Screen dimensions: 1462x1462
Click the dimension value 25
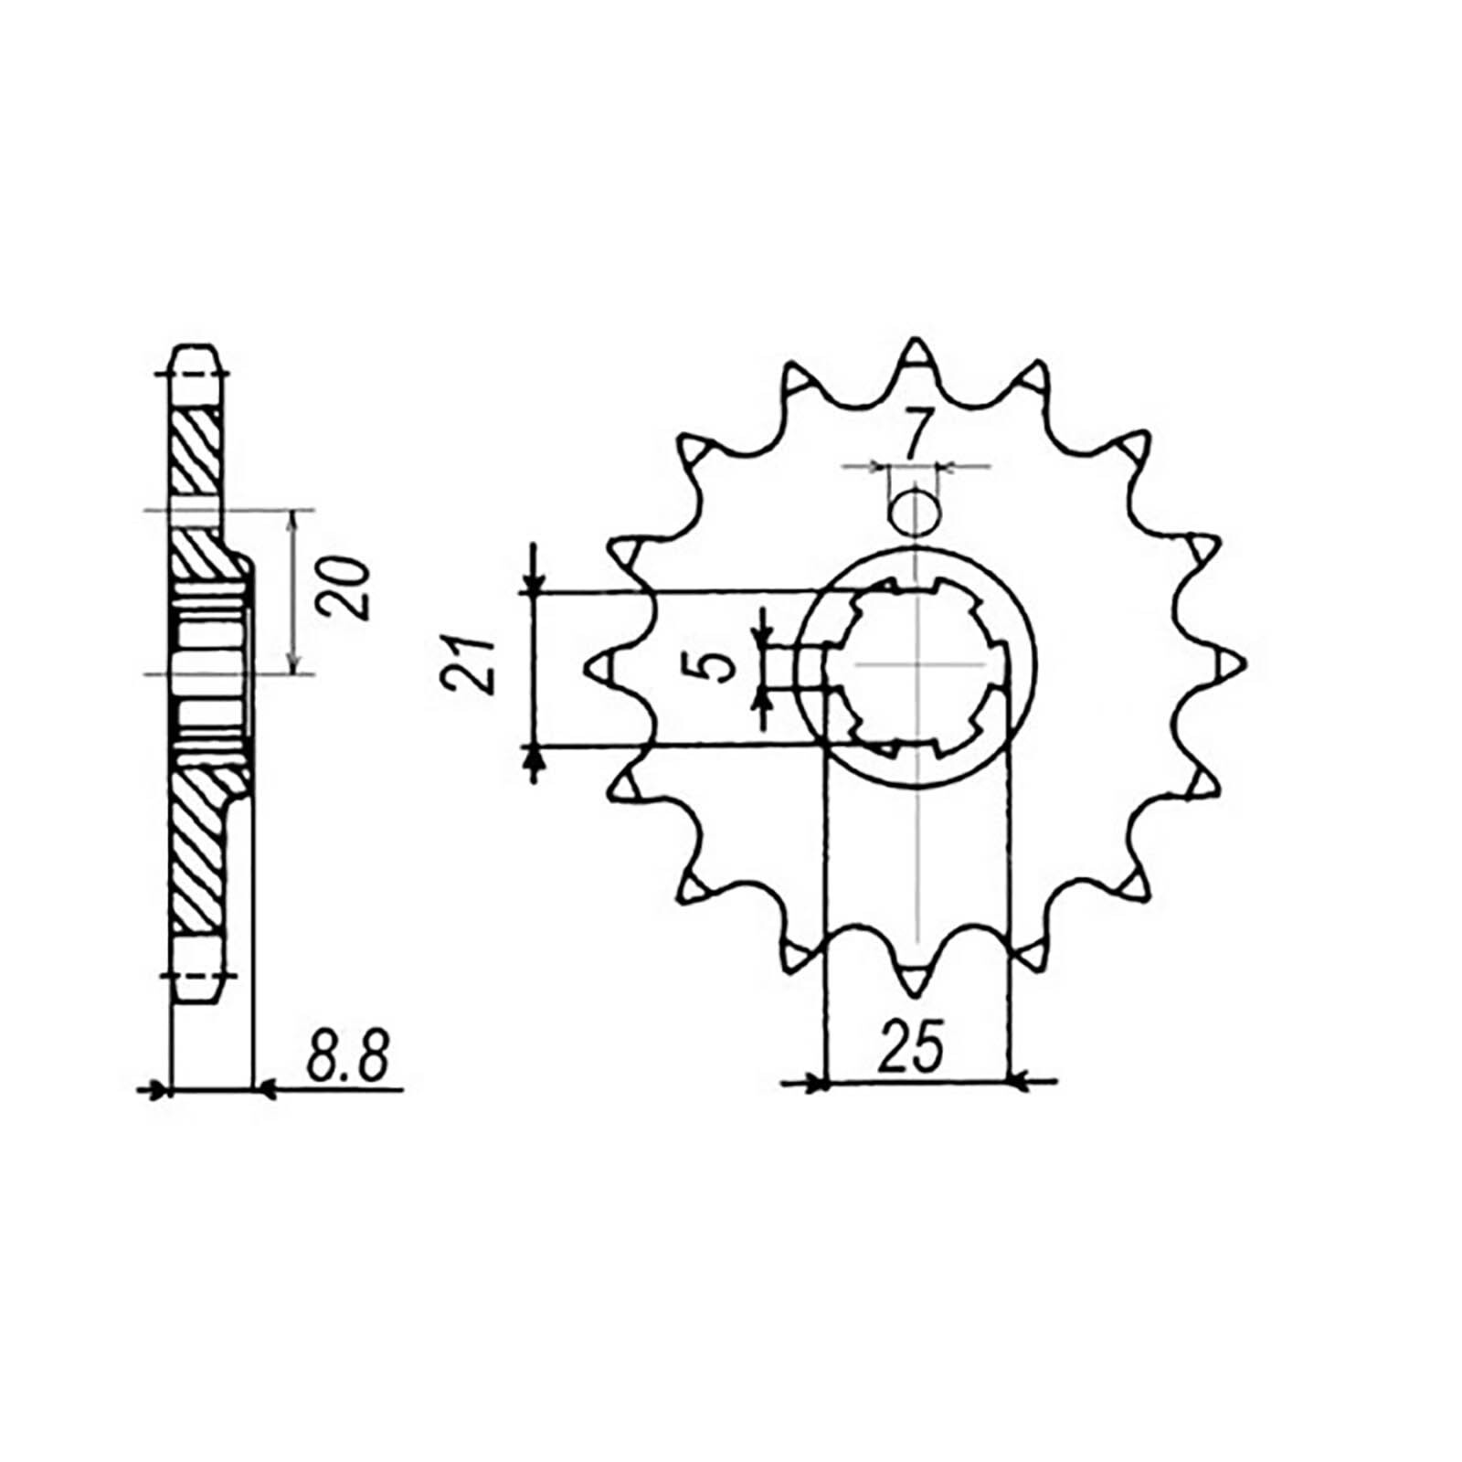pos(910,1047)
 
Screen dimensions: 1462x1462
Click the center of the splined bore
pos(916,666)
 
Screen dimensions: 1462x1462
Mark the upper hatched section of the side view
pos(196,453)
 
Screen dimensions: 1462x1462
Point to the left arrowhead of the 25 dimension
pos(816,1084)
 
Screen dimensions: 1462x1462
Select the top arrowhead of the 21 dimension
pos(534,583)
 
